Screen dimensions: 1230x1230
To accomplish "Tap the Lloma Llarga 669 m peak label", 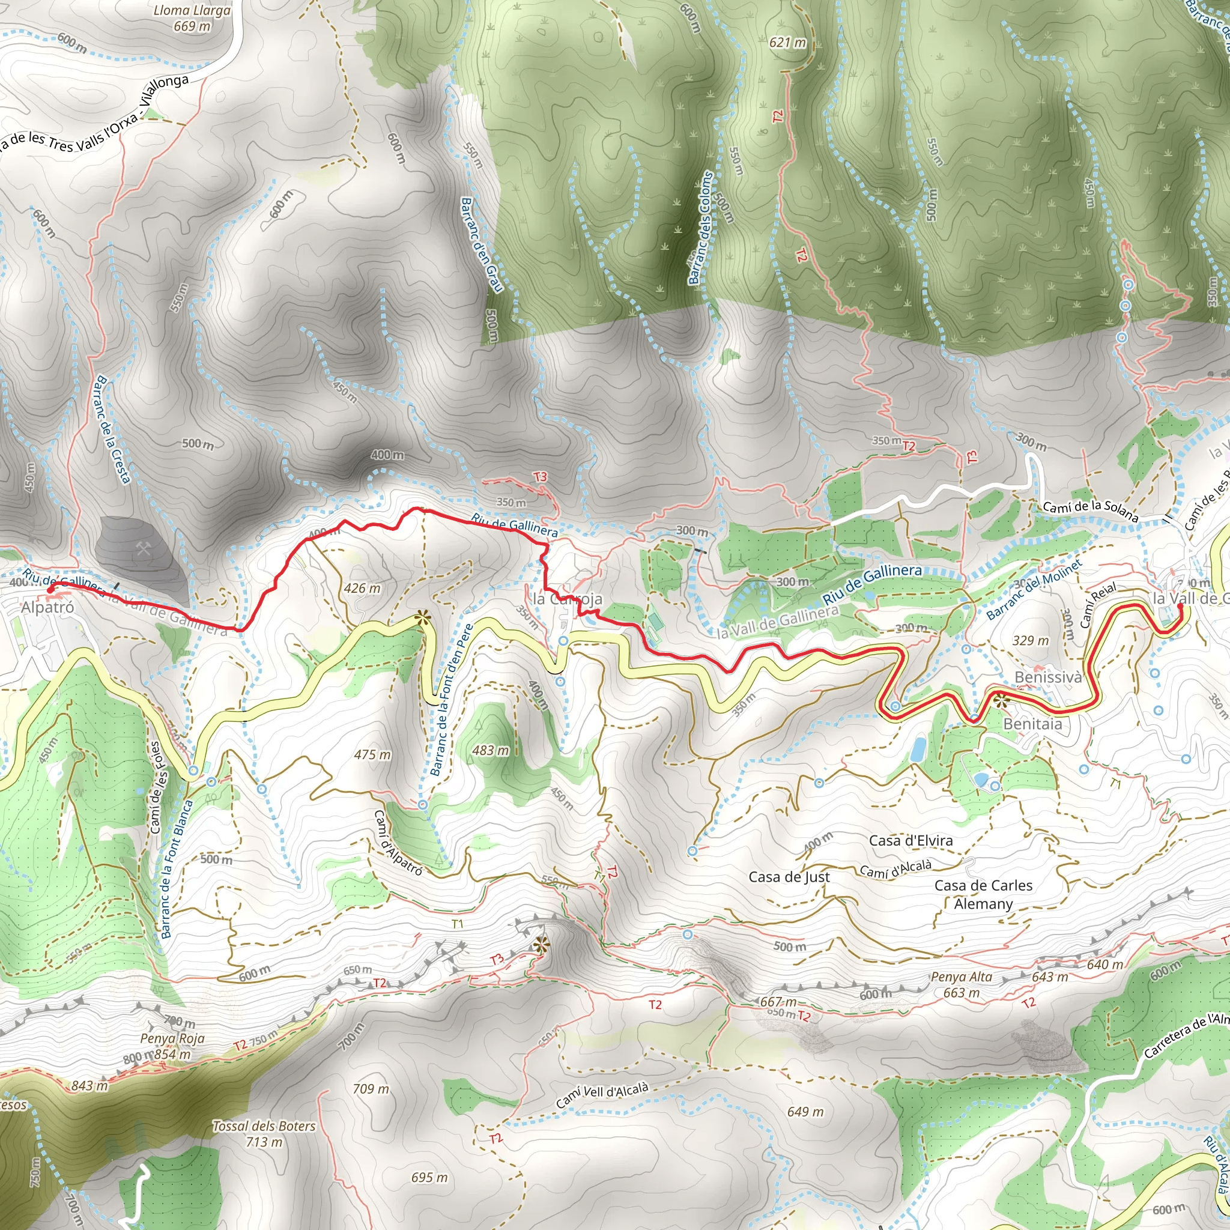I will [x=192, y=18].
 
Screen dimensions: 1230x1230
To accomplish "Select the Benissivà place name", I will [x=1048, y=677].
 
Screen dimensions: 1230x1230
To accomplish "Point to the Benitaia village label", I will [x=1032, y=724].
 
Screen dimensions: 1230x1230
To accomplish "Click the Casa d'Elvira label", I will [x=910, y=840].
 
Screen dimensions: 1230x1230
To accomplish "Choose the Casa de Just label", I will [x=789, y=877].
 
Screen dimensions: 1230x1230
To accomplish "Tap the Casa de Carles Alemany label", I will [x=983, y=894].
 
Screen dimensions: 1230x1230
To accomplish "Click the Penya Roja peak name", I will [x=172, y=1038].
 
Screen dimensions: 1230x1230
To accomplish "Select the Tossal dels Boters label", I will [x=264, y=1126].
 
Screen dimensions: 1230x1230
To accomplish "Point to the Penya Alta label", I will [x=962, y=977].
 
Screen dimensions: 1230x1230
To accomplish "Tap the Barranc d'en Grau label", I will [x=481, y=244].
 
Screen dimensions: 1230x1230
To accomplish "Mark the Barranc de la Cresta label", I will [x=112, y=430].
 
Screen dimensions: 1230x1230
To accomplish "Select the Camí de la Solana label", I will [x=1090, y=510].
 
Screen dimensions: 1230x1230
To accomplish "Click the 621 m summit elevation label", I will [x=787, y=43].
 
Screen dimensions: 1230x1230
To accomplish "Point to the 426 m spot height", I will [x=362, y=588].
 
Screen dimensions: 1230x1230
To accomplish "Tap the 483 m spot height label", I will [x=491, y=751].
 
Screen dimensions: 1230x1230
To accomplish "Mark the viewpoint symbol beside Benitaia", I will [x=1001, y=701].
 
